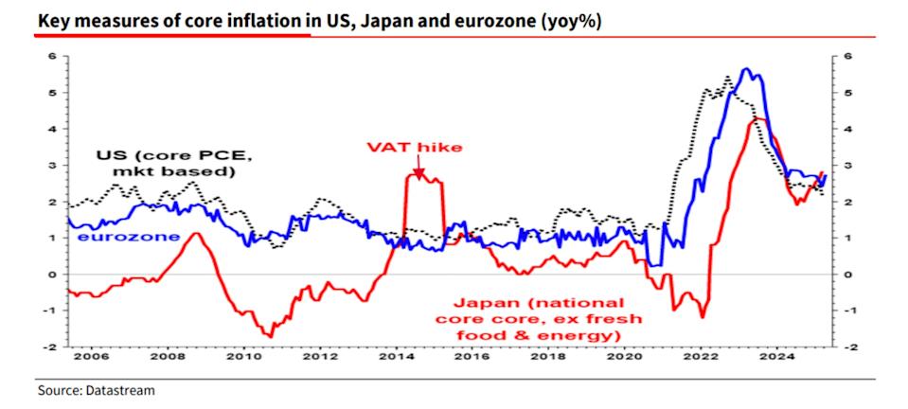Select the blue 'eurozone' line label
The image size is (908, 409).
tap(128, 236)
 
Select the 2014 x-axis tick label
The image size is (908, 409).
tap(400, 358)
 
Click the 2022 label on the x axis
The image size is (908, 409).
tap(710, 358)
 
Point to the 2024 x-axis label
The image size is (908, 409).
tap(787, 358)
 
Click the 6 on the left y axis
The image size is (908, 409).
tap(54, 56)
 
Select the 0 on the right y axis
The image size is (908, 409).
tap(846, 275)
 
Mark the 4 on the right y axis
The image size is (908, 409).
tap(846, 129)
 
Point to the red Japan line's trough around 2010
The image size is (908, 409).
tap(270, 336)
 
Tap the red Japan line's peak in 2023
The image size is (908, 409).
tap(756, 118)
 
